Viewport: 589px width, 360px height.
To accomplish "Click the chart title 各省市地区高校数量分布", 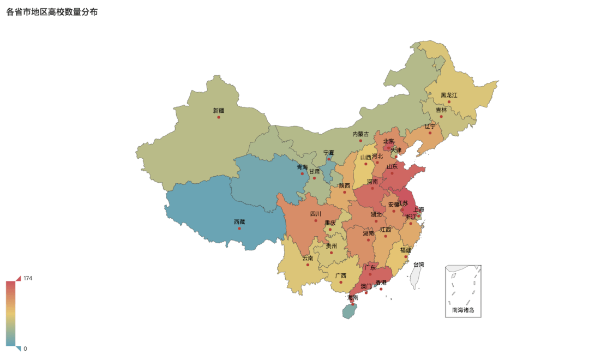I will (x=52, y=12).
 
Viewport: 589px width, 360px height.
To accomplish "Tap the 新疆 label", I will (x=218, y=111).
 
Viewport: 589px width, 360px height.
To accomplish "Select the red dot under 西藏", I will (x=239, y=229).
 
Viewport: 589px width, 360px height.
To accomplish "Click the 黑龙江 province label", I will (x=449, y=95).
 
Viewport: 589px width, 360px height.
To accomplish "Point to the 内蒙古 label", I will (x=360, y=134).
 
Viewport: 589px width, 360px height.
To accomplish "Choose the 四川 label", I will (x=316, y=214).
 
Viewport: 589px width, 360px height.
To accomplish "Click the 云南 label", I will (x=308, y=258).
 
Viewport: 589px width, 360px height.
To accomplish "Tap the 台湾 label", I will (x=418, y=265).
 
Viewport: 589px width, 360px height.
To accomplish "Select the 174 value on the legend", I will (x=28, y=278).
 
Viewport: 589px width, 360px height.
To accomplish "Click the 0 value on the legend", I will (x=25, y=349).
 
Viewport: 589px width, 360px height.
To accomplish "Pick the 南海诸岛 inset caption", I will (x=463, y=310).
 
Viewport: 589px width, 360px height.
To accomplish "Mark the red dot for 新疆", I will (x=219, y=117).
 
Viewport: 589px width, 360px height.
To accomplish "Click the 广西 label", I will (x=341, y=275).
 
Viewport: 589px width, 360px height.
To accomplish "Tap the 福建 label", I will (x=406, y=250).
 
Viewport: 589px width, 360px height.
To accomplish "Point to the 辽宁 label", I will (x=430, y=127).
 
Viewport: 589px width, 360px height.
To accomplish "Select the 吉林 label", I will (x=441, y=110).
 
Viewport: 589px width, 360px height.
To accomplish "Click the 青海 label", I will (x=302, y=167).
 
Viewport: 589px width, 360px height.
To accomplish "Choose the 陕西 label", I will (x=345, y=185).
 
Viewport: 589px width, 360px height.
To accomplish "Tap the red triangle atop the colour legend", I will (x=18, y=278).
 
